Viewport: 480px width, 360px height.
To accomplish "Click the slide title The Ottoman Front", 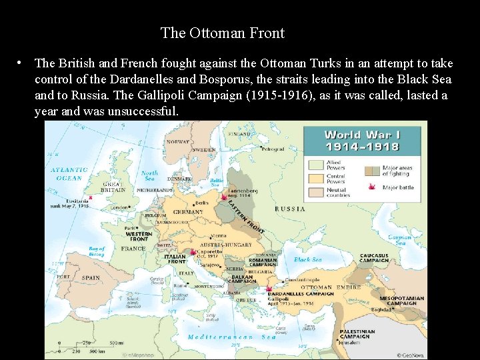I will point(222,33).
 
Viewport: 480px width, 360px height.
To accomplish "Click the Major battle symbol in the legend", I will point(371,187).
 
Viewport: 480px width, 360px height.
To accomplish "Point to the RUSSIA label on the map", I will point(290,208).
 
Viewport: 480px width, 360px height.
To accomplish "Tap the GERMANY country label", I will point(188,212).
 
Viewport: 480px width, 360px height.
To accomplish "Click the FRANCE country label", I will point(133,248).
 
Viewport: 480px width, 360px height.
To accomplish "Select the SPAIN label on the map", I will point(91,277).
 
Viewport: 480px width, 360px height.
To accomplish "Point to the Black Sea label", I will point(307,259).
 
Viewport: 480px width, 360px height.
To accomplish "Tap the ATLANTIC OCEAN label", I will point(69,174).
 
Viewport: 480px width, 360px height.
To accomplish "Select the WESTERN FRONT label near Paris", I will point(139,235).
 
